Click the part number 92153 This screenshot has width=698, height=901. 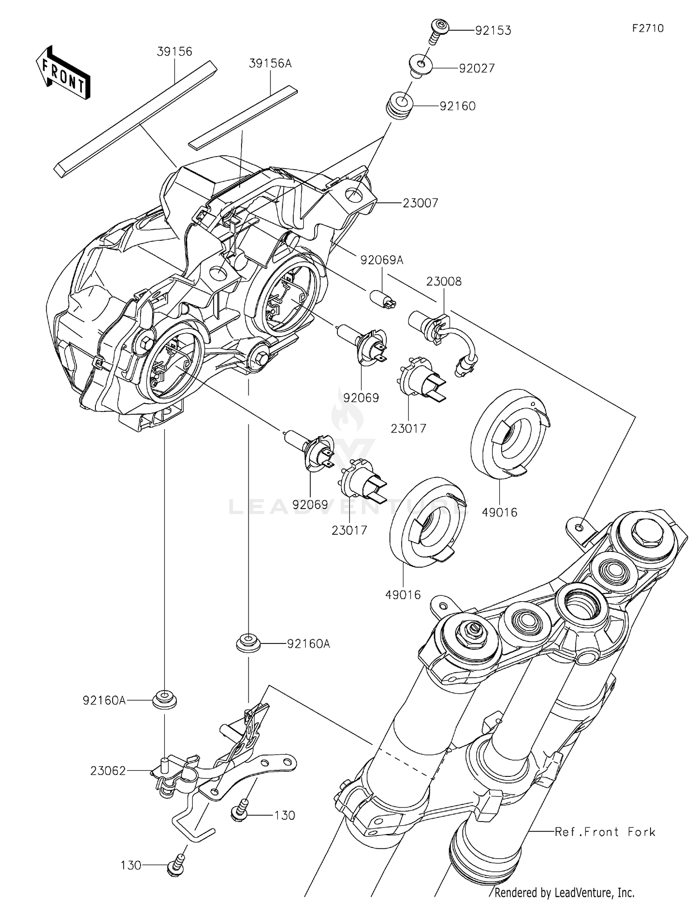click(493, 31)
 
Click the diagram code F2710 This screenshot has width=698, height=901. click(648, 28)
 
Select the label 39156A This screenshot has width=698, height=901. click(270, 64)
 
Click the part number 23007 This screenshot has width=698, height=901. click(420, 203)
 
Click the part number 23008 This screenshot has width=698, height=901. click(444, 281)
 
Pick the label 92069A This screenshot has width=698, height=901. click(382, 260)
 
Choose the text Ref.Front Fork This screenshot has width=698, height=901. click(605, 832)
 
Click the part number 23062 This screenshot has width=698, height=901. click(108, 771)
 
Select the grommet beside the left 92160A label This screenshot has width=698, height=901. click(165, 700)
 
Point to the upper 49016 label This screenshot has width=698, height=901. click(500, 512)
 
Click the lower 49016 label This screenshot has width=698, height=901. click(403, 595)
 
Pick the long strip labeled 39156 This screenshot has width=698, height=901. click(135, 119)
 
